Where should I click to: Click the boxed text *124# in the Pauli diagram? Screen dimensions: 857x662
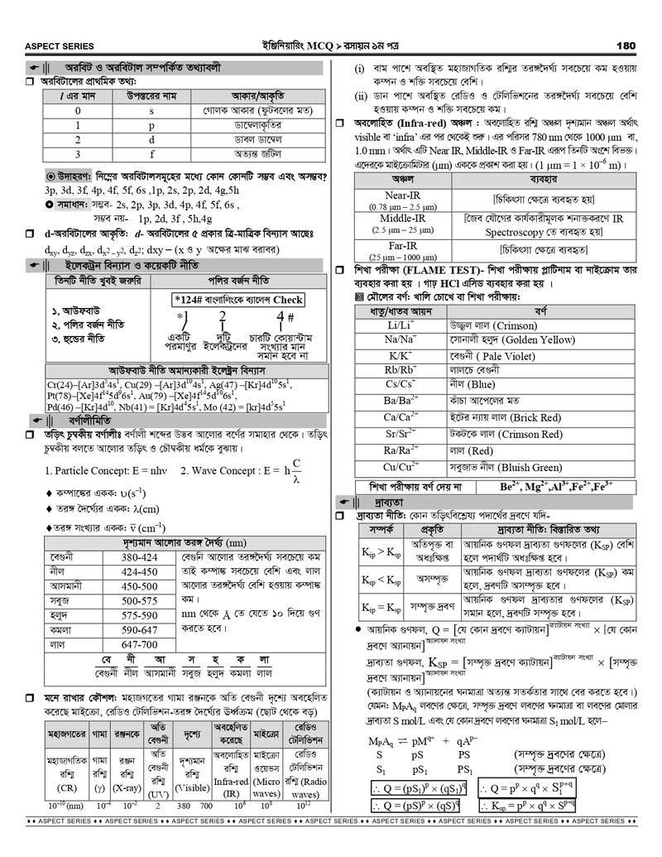point(189,300)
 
